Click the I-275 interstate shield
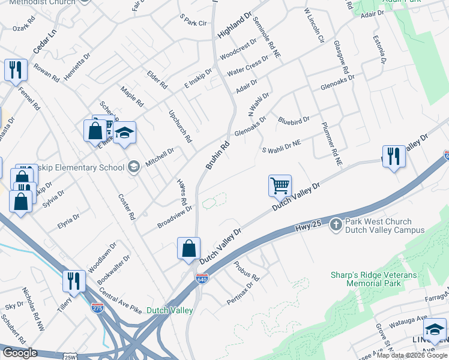(x=97, y=308)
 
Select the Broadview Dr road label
(x=174, y=217)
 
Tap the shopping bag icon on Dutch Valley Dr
(x=189, y=248)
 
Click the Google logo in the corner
(x=20, y=353)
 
